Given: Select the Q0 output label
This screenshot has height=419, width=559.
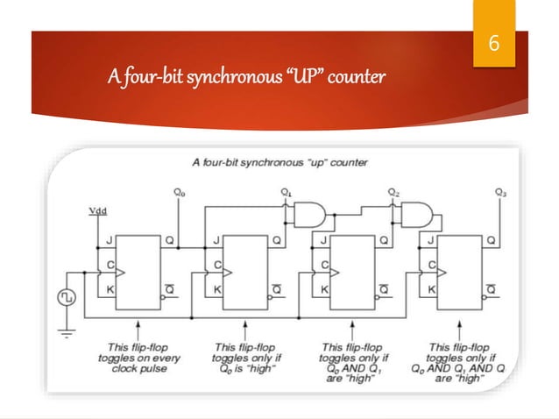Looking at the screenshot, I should [180, 191].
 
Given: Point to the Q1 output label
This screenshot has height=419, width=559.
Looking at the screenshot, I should [286, 191].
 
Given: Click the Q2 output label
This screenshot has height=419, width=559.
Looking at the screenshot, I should [393, 191].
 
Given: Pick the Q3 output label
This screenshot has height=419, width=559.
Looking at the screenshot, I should [500, 191].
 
